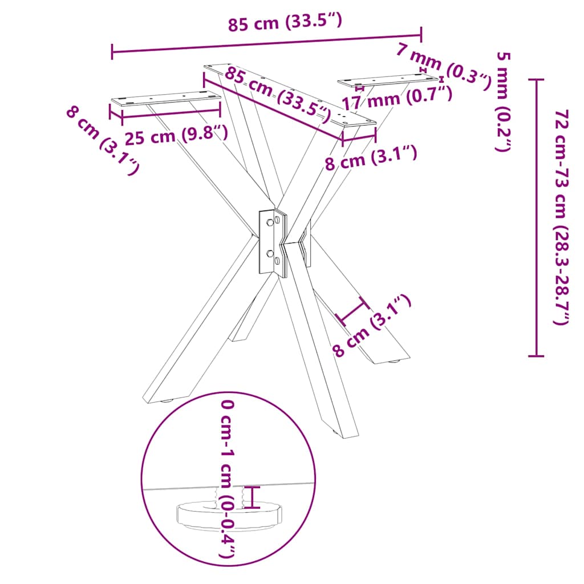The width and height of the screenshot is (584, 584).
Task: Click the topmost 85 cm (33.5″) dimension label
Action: [285, 22]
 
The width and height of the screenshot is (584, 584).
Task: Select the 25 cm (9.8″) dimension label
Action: [176, 135]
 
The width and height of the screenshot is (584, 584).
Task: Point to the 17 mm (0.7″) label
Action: [397, 98]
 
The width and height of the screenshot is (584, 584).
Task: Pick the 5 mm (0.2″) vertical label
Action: [503, 102]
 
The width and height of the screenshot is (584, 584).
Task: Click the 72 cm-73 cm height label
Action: [561, 217]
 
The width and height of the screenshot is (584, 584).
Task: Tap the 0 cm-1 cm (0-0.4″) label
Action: [227, 478]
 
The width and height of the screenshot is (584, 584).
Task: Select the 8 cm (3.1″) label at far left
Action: [103, 140]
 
